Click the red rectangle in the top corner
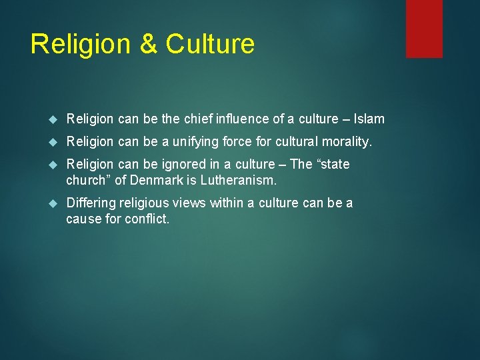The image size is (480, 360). click(424, 28)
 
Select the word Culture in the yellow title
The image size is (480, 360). click(210, 45)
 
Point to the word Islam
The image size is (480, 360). click(369, 119)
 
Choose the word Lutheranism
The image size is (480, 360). click(243, 180)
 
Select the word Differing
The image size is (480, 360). click(91, 203)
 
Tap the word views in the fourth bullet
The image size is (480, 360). click(193, 203)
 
